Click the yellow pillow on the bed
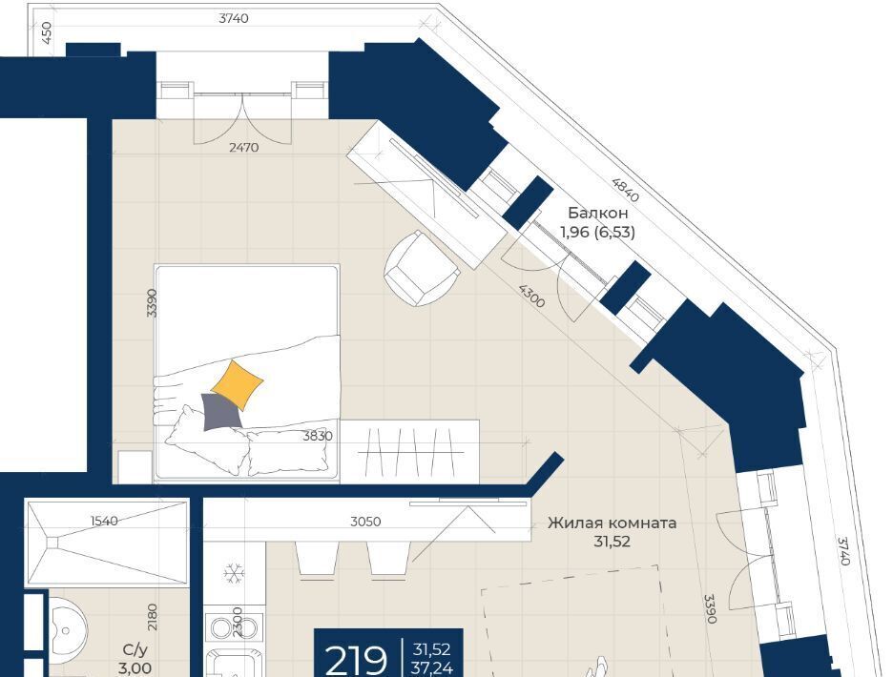pos(238,384)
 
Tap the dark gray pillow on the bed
pos(221,412)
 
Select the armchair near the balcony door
pos(422,269)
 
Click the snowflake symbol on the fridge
pos(234,572)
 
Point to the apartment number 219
pos(356,660)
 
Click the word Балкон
pos(598,213)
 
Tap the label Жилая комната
pos(613,523)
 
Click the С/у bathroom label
pos(135,649)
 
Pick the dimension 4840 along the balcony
pos(625,190)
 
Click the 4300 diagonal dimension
pos(531,296)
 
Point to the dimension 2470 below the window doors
pos(243,148)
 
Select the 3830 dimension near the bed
pos(317,436)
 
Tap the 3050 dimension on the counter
pos(365,522)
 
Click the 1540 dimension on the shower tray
pos(104,521)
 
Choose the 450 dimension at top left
pos(47,33)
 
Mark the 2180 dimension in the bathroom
pos(152,617)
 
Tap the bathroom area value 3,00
pos(135,667)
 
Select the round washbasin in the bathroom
pos(67,630)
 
